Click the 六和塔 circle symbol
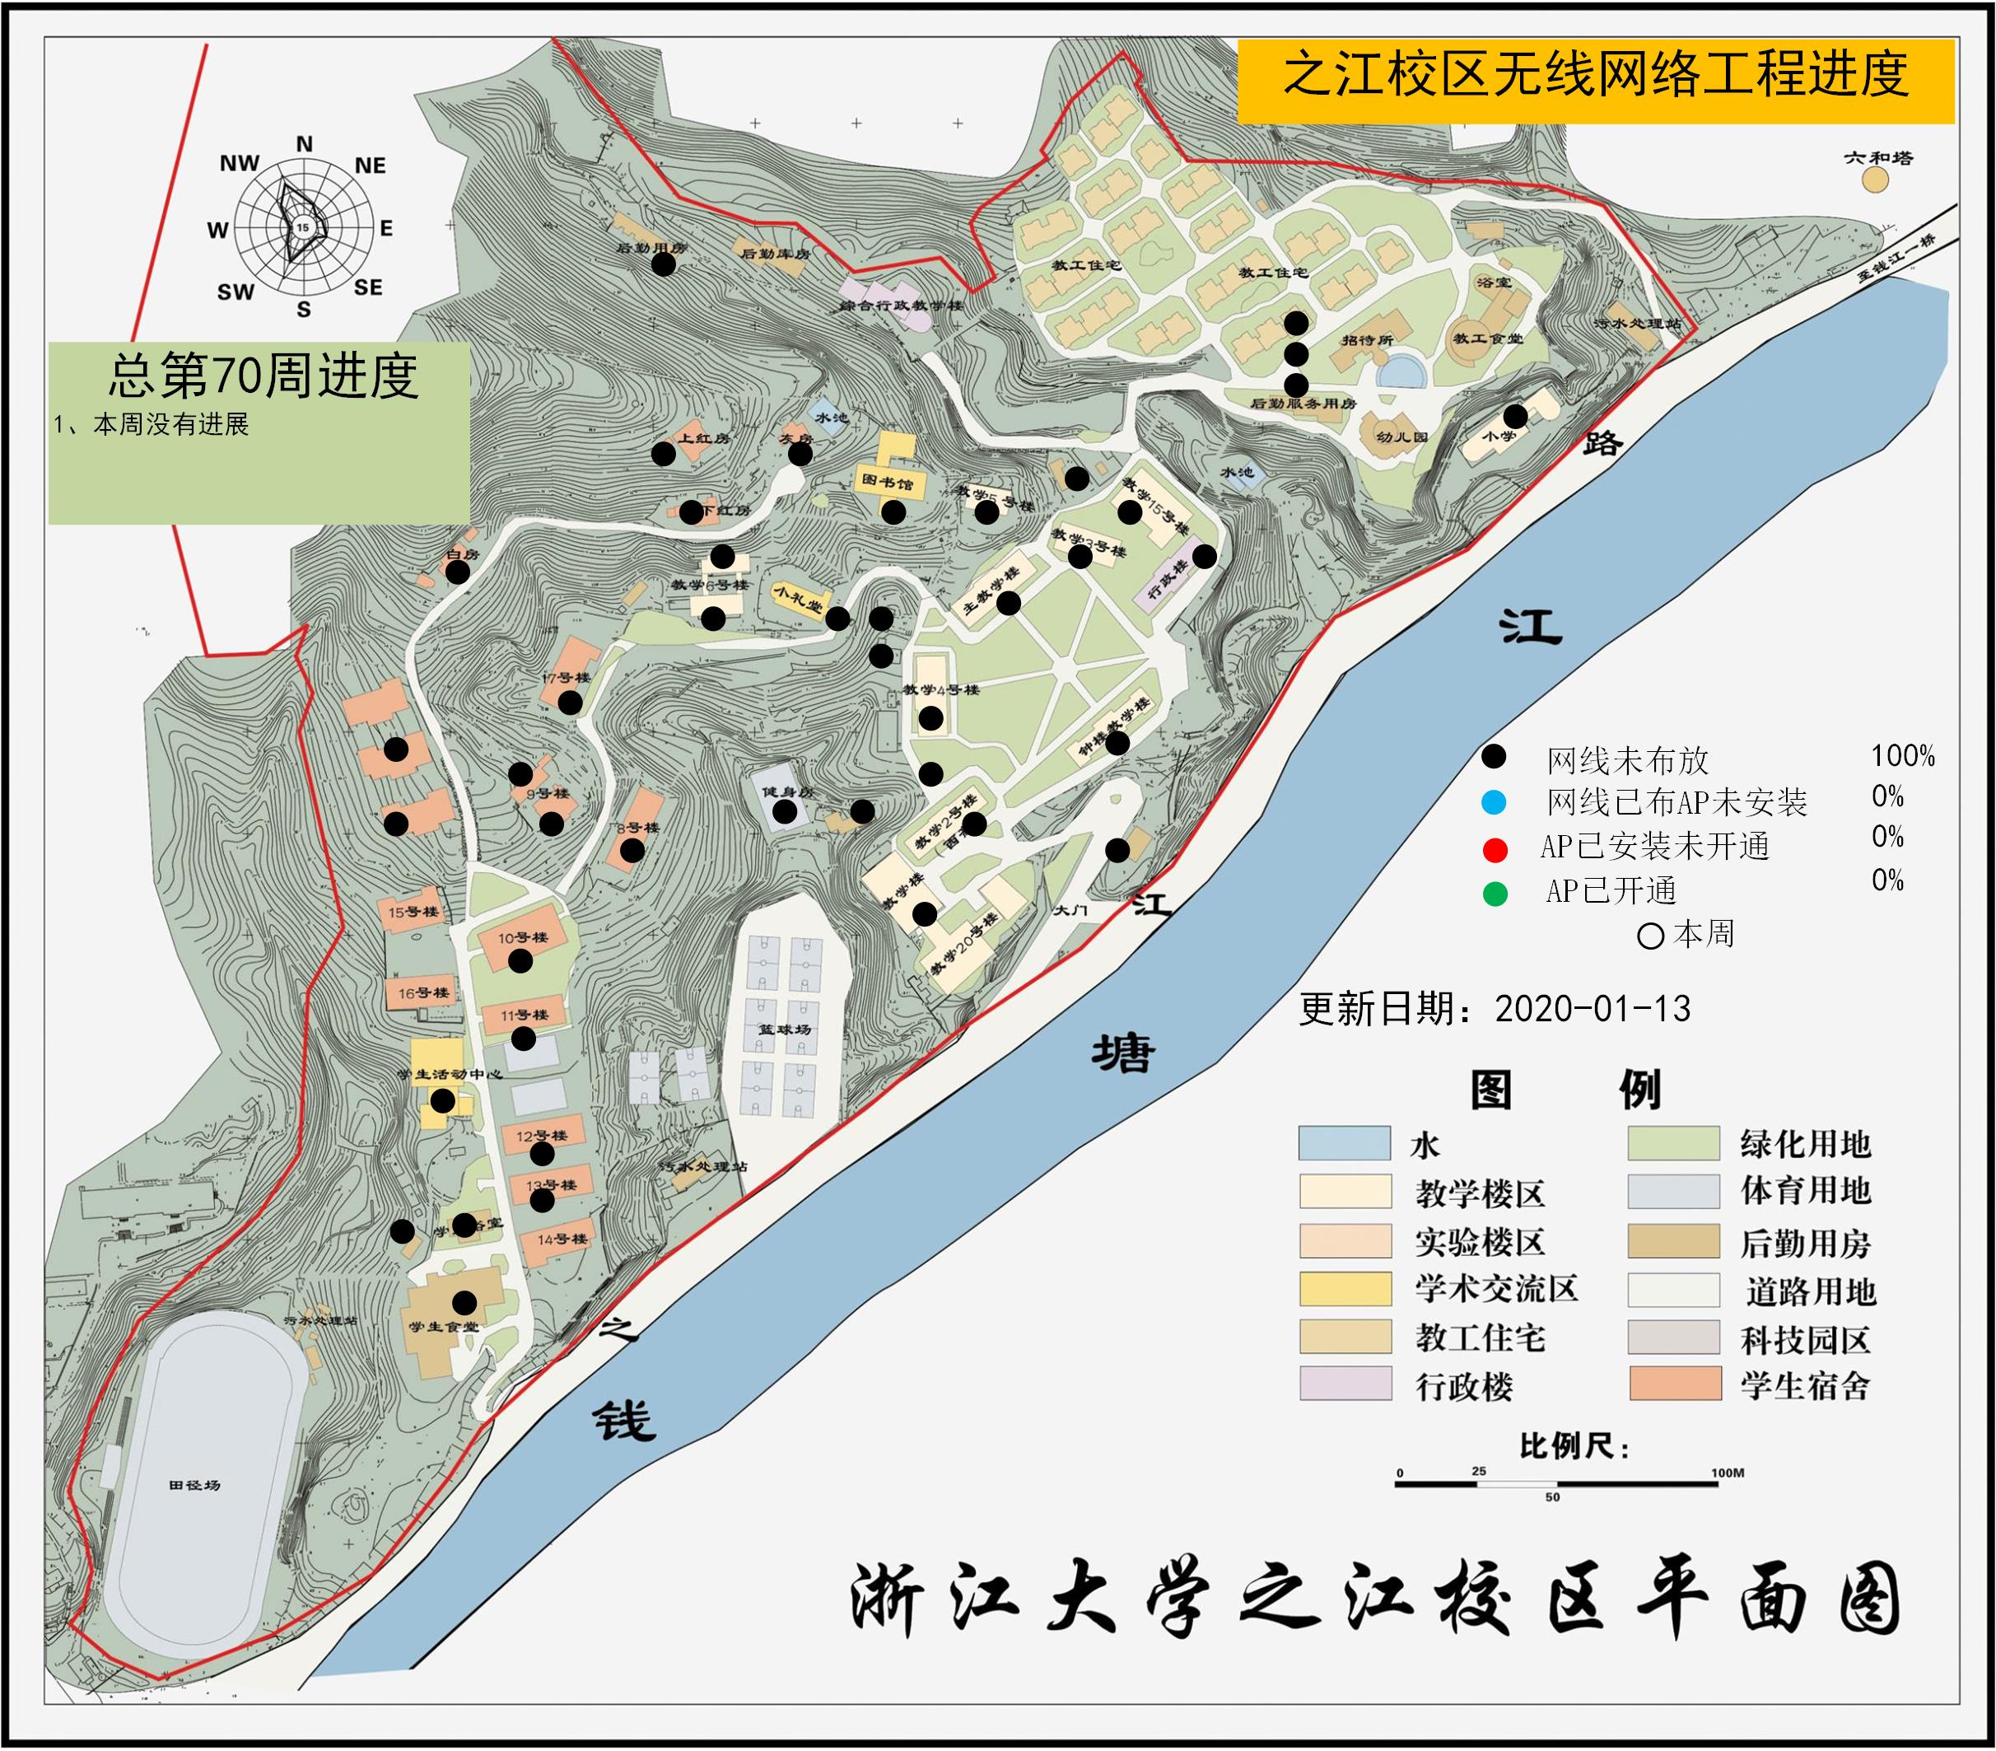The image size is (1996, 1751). coord(1874,180)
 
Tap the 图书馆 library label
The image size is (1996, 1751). coord(887,482)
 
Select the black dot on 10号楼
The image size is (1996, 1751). coord(520,961)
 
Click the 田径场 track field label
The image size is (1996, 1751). coord(194,1485)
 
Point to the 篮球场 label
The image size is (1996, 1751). coord(785,1030)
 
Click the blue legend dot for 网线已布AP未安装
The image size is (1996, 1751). coord(1493,803)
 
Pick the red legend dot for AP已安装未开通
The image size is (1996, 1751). coord(1494,848)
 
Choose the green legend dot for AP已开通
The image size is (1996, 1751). coord(1494,893)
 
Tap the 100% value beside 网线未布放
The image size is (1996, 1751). coord(1902,756)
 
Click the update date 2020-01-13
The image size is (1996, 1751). coord(1592,1009)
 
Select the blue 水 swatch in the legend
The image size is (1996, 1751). coord(1344,1142)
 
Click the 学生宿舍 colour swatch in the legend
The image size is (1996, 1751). coord(1675,1384)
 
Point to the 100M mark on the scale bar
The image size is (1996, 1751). coord(1727,1473)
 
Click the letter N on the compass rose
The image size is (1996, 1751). coord(305,144)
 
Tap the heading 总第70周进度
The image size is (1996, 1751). coord(263,376)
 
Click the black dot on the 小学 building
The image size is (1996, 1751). coord(1514,417)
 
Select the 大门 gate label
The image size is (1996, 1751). coord(1070,910)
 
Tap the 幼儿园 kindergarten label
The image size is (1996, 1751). coord(1401,437)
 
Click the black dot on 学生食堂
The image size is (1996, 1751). coord(464,1302)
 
